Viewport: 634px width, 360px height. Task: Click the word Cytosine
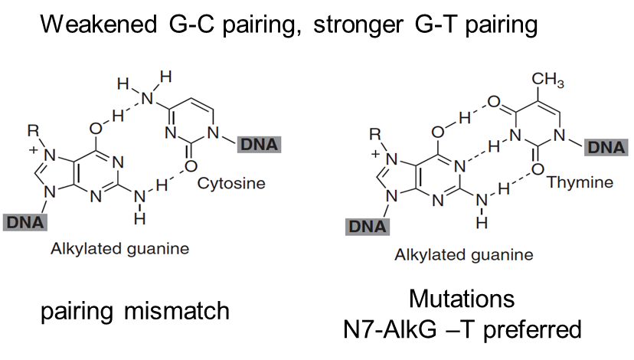[231, 184]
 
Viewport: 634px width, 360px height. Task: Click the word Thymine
[580, 182]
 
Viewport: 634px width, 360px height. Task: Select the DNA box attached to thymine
[607, 147]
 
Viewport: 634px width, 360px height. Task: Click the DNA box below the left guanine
[25, 222]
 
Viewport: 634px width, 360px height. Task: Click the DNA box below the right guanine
[367, 226]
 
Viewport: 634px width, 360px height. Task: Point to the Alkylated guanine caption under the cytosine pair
[119, 249]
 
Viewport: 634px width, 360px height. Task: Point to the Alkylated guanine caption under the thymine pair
[463, 254]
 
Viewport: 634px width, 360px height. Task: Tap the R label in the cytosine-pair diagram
[32, 131]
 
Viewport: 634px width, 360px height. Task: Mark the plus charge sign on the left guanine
[33, 149]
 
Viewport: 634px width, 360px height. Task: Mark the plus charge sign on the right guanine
[376, 153]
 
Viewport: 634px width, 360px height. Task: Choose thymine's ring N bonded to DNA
[560, 139]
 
